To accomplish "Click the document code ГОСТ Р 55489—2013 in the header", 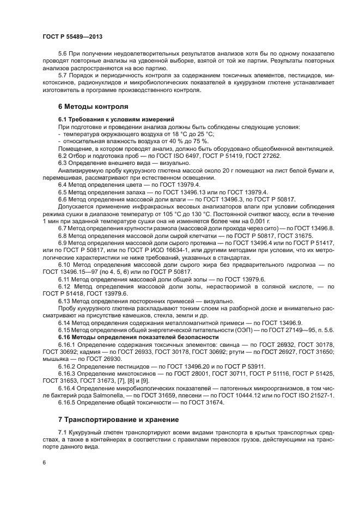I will [x=72, y=36].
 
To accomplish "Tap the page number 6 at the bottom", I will [x=44, y=463].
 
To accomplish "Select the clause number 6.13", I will [x=65, y=301].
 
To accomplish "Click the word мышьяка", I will [x=57, y=359].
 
